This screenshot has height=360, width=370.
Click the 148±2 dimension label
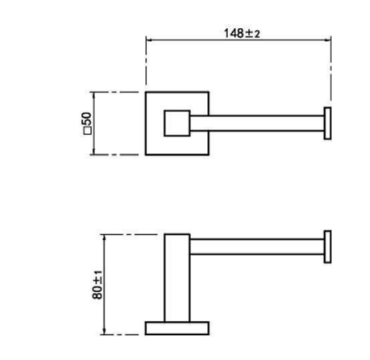[242, 34]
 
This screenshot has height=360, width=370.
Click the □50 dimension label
[87, 123]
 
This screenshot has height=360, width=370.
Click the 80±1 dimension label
[98, 284]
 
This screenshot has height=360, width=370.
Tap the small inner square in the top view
[177, 123]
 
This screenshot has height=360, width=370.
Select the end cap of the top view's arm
[327, 123]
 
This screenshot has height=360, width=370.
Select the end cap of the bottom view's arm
[327, 246]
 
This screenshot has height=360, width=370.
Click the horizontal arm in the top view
[257, 123]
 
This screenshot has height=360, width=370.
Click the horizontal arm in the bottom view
[257, 246]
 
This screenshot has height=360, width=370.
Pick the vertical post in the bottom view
[177, 278]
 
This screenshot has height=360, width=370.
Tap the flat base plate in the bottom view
[177, 329]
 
